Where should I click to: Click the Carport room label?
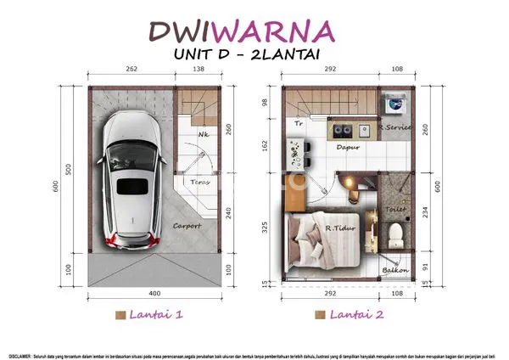187,226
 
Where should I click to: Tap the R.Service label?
395,127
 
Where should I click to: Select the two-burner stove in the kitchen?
343,131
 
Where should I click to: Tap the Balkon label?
394,271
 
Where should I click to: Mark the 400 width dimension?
156,293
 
